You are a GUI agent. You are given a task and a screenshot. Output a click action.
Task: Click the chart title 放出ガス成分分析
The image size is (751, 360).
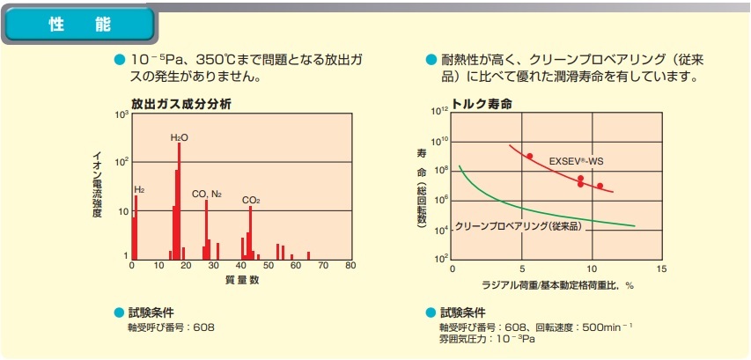(181, 102)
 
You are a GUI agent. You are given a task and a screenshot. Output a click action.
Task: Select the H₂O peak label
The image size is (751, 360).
(179, 138)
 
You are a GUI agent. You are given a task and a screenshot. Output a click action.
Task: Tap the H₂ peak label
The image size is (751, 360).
(139, 189)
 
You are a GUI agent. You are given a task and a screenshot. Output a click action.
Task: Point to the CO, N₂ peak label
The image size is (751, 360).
(207, 193)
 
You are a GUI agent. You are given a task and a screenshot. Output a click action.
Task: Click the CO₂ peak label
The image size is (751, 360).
(251, 201)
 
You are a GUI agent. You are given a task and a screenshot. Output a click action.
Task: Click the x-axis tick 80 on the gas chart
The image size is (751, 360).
(350, 266)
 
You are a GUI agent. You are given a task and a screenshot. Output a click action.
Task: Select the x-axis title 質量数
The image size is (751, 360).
(241, 280)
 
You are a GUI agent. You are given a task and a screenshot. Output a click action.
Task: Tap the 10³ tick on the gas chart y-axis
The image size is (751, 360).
(121, 115)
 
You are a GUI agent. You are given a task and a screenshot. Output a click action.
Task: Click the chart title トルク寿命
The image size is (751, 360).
(482, 103)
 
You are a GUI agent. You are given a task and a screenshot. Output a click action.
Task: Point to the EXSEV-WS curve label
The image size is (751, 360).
(576, 161)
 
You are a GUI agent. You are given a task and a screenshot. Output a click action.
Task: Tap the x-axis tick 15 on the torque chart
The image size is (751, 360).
(661, 268)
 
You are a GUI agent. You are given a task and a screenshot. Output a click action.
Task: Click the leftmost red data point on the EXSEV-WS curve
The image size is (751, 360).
(529, 156)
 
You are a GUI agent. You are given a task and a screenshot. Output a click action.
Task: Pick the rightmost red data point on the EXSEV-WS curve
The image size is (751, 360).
(600, 186)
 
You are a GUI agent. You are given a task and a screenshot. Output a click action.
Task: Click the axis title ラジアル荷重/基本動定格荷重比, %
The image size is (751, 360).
(558, 285)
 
